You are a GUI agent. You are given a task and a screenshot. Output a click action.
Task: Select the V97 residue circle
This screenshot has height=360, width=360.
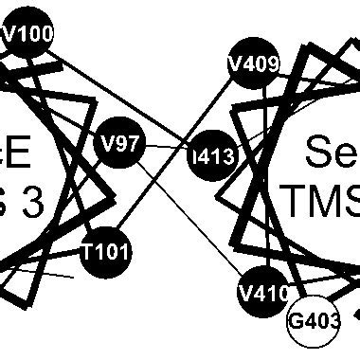pos(120,144)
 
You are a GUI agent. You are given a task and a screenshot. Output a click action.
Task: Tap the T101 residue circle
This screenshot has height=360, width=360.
pos(105,252)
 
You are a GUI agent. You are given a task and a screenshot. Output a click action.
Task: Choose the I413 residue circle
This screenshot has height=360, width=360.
pos(212,156)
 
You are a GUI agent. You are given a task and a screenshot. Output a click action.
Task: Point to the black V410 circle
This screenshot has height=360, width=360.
pos(263,293)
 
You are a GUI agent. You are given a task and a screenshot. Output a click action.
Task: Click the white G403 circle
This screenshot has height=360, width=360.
pos(314,321)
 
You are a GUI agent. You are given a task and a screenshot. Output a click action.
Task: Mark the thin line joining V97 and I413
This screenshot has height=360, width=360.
pos(167,150)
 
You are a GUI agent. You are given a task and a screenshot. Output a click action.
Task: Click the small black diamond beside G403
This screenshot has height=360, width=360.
pos(356,314)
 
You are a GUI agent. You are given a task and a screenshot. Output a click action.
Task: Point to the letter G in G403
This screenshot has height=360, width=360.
pos(296,321)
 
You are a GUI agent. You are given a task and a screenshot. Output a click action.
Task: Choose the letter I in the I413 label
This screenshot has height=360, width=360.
pos(194,157)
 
